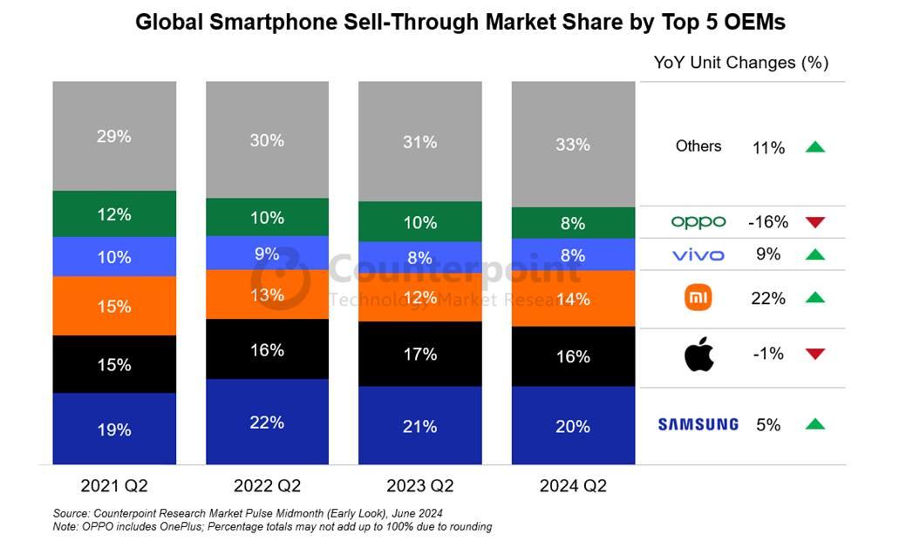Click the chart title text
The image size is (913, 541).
tap(460, 24)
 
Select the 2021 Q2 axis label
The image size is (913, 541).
tap(113, 485)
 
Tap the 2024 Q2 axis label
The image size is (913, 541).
tap(573, 485)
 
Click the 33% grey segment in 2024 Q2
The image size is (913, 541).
tap(573, 144)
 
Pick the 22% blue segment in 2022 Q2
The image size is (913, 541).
tap(267, 422)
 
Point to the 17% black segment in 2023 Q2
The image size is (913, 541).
tap(419, 355)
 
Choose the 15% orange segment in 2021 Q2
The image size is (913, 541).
tap(113, 306)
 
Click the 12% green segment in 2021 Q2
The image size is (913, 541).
tap(113, 214)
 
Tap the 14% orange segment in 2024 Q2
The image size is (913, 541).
tap(573, 299)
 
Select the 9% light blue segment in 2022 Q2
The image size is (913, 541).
tap(267, 254)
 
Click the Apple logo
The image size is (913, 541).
tap(698, 355)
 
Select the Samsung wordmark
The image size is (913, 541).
tap(698, 424)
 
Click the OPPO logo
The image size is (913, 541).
tap(698, 222)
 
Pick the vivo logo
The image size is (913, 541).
tap(698, 255)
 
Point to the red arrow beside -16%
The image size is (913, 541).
tap(814, 222)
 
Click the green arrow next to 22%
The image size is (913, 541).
tap(814, 298)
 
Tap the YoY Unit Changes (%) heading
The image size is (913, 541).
tap(741, 63)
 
